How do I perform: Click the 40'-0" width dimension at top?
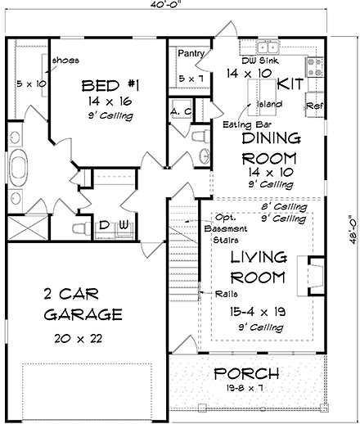(x=166, y=4)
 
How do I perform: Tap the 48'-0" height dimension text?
(x=353, y=230)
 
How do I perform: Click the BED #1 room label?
(x=110, y=86)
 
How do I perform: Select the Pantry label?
(x=191, y=53)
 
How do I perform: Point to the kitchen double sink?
(x=268, y=47)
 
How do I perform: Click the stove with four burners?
(x=314, y=67)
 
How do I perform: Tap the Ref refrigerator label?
(x=315, y=106)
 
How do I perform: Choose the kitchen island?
(x=262, y=97)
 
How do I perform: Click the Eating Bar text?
(x=247, y=124)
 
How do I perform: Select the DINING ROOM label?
(x=270, y=148)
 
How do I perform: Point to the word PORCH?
(x=247, y=373)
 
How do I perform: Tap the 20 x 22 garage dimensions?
(x=79, y=339)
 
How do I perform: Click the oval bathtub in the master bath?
(x=19, y=168)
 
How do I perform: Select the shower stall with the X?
(x=28, y=228)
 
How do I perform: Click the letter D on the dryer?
(x=104, y=225)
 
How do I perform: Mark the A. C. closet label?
(x=182, y=111)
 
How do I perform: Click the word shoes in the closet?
(x=65, y=60)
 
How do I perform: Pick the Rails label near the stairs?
(x=227, y=294)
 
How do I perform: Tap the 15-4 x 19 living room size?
(x=258, y=311)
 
